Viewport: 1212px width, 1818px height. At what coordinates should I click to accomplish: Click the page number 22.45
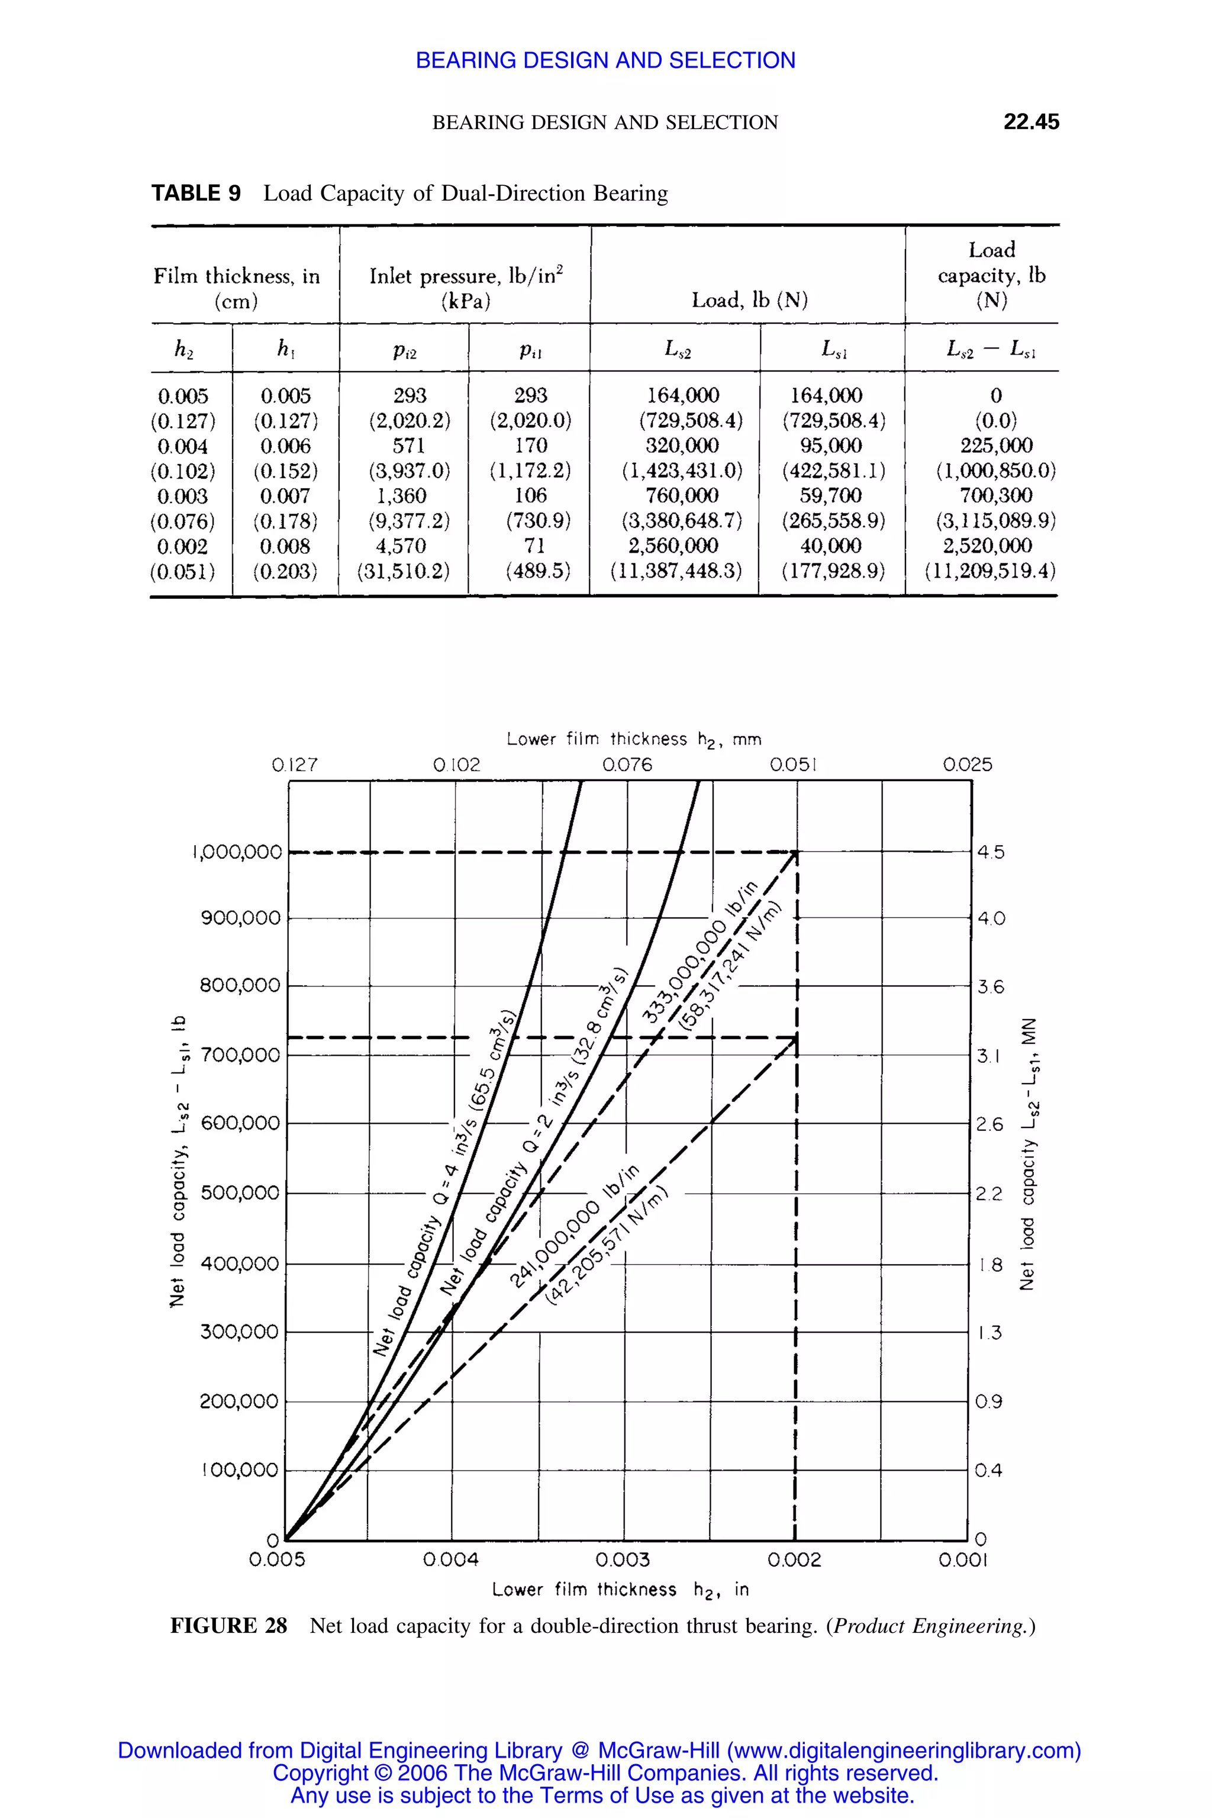pos(1030,121)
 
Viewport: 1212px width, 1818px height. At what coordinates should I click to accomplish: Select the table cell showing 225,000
pos(995,445)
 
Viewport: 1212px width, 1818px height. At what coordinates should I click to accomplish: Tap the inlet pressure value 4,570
pos(401,546)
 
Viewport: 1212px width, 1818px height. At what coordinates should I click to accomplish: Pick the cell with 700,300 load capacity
pos(995,495)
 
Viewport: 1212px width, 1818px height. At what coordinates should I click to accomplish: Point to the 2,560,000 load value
pos(673,546)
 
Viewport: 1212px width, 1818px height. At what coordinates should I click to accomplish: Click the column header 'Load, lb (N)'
pos(749,300)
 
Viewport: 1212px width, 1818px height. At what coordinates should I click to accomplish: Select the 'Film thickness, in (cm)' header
pos(237,288)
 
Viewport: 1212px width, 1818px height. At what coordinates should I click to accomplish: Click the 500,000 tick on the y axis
pos(240,1192)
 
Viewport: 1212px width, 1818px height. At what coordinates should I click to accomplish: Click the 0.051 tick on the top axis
pos(794,765)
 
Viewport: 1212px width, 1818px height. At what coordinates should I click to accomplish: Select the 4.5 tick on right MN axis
pos(990,852)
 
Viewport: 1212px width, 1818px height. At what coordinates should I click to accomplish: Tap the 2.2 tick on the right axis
pos(989,1194)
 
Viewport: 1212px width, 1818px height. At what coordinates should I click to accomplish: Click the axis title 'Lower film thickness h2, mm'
pos(634,740)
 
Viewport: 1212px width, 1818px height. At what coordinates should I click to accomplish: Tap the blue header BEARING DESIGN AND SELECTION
pos(605,60)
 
